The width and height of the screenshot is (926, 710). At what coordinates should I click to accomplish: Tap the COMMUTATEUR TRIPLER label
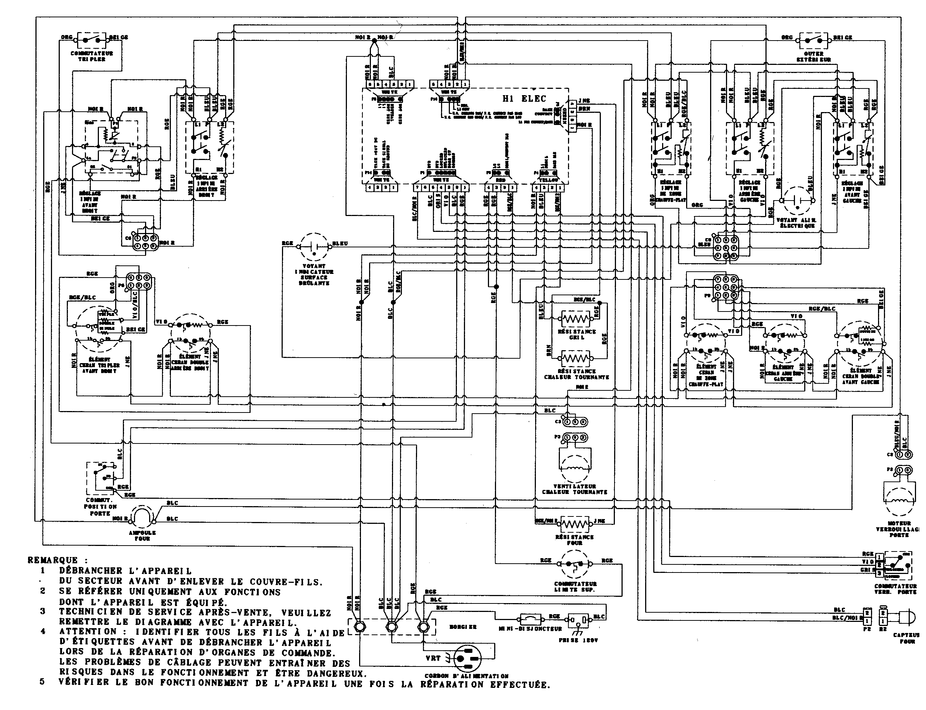92,56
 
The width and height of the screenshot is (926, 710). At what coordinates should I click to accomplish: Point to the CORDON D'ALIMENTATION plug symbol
468,658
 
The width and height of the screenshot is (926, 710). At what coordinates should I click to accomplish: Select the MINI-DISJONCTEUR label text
530,629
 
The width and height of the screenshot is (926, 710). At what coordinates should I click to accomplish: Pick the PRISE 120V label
578,640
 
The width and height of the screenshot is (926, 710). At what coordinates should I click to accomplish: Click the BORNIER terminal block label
462,627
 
